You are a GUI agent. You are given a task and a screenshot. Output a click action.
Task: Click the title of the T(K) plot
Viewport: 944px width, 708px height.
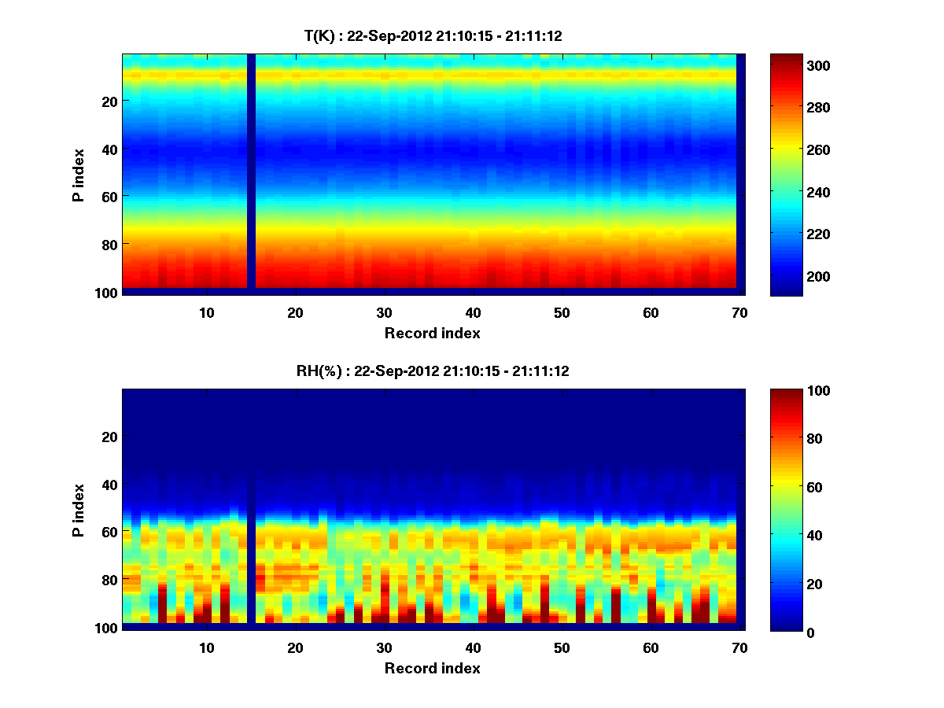(x=433, y=35)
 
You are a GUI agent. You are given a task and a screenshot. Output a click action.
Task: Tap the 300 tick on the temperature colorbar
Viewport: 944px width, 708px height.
(x=789, y=65)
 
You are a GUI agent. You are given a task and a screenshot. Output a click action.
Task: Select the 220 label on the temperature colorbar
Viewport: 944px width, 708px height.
(x=789, y=234)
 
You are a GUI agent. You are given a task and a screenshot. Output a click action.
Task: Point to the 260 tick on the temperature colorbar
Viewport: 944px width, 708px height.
(x=789, y=149)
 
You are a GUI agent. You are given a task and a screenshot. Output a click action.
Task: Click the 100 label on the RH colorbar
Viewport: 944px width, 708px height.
(x=789, y=391)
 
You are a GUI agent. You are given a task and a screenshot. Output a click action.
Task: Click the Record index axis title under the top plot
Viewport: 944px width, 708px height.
(x=432, y=333)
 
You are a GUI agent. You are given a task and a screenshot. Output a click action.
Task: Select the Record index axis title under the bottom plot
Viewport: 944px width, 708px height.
(x=432, y=668)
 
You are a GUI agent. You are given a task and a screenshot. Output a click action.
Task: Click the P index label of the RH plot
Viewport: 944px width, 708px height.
(x=78, y=511)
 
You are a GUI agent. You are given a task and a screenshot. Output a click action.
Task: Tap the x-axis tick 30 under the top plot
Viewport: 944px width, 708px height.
(x=384, y=312)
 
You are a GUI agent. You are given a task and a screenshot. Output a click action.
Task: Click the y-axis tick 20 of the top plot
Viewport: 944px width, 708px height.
(x=109, y=101)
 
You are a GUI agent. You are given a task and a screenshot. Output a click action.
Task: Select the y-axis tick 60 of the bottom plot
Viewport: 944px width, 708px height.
(x=109, y=532)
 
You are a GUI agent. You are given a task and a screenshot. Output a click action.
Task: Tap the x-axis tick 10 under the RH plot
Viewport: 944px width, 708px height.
(x=207, y=647)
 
